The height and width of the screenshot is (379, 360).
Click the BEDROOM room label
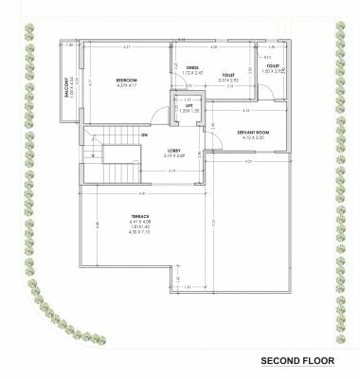[x=129, y=81]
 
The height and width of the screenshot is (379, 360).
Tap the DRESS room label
[x=191, y=67]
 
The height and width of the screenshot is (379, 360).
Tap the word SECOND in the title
[x=281, y=361]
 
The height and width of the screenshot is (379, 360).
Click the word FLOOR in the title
[x=324, y=361]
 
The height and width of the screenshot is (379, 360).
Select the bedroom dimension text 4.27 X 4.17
[x=129, y=86]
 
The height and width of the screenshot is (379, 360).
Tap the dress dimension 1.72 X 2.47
[x=191, y=73]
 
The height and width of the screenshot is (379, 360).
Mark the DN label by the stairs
[x=144, y=135]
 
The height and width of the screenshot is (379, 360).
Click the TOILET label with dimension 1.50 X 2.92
[x=273, y=65]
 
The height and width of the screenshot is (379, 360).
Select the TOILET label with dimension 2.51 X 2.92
[x=228, y=75]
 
